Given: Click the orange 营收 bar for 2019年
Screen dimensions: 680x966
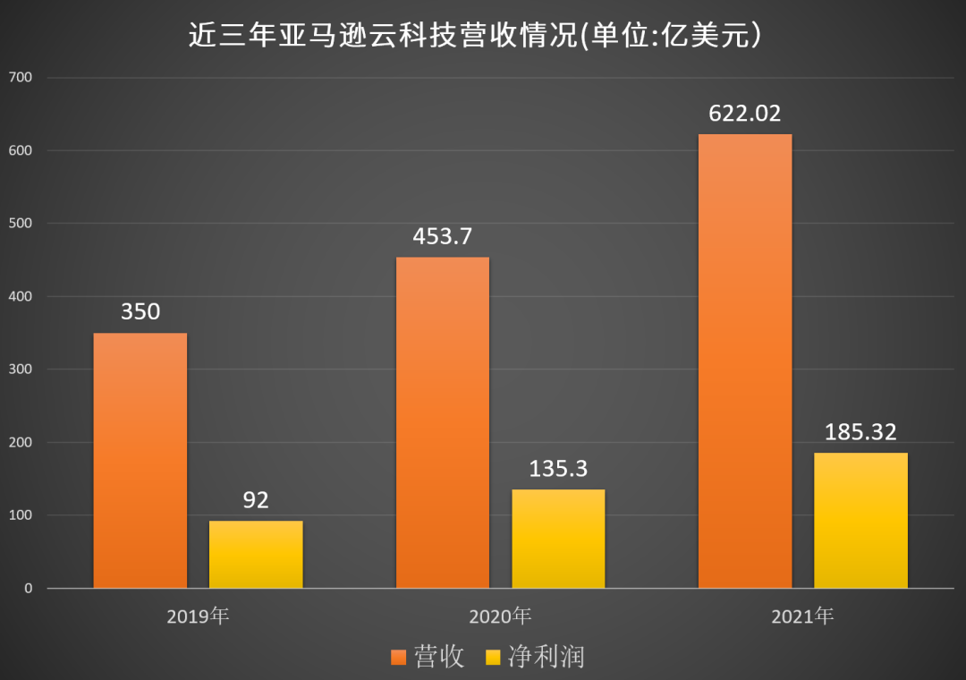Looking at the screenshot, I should point(140,461).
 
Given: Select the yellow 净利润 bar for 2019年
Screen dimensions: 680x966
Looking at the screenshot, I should point(256,555).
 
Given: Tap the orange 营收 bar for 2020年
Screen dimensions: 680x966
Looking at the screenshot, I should point(443,422).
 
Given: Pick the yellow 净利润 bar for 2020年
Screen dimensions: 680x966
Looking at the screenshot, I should point(558,539).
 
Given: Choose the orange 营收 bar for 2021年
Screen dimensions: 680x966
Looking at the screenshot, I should point(744,361).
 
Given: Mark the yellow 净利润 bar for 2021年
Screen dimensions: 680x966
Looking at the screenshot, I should point(860,521).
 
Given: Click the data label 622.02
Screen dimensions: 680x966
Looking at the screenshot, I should point(744,114).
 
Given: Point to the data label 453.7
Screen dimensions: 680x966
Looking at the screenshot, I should point(443,237).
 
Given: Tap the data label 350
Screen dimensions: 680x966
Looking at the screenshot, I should point(140,312).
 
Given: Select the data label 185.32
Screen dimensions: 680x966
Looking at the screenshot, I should point(860,432).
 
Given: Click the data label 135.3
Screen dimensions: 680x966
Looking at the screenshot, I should point(558,469).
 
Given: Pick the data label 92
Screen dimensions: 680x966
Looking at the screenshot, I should point(256,500).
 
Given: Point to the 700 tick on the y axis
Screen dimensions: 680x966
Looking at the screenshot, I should point(20,77).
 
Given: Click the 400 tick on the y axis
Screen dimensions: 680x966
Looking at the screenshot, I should point(20,296).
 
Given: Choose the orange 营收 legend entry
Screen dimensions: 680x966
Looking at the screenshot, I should point(428,658).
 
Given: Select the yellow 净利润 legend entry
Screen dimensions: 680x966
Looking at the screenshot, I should point(534,658).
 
